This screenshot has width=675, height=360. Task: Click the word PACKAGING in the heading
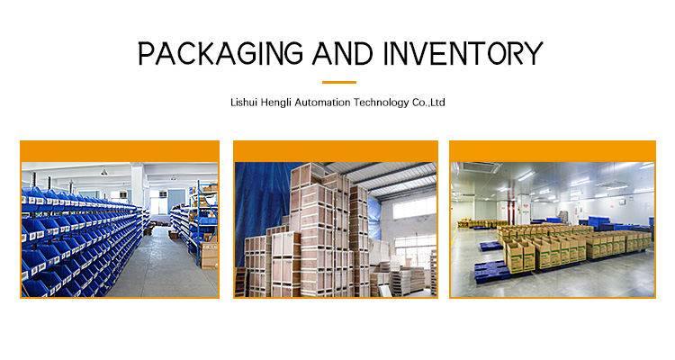click(x=220, y=53)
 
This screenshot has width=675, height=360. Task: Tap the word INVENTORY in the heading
click(x=463, y=53)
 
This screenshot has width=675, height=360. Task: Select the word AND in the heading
click(x=342, y=53)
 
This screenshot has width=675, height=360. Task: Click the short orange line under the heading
click(x=339, y=82)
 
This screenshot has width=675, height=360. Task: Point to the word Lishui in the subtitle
click(x=244, y=103)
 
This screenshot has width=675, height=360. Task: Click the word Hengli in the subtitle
click(x=276, y=103)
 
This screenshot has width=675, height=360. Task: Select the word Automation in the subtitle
click(x=322, y=103)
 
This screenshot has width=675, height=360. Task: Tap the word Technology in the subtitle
click(x=381, y=103)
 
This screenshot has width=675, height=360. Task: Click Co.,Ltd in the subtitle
click(x=428, y=103)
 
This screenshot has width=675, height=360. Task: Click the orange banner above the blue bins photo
click(x=120, y=151)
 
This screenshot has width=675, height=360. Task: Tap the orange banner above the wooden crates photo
click(x=336, y=151)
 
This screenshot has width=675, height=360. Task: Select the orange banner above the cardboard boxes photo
click(x=553, y=151)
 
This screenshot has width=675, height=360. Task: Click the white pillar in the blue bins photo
click(x=138, y=186)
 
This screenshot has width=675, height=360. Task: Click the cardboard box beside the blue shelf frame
click(x=209, y=255)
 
